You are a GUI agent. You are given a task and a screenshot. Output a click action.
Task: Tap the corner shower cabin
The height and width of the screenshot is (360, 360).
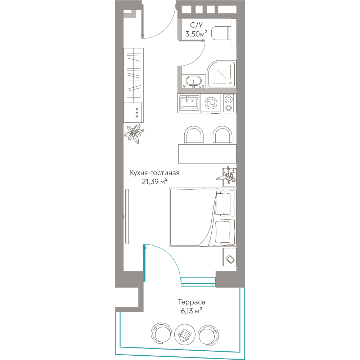point(221,75)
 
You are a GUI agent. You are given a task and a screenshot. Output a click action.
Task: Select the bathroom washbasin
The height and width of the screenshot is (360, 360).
point(194,81)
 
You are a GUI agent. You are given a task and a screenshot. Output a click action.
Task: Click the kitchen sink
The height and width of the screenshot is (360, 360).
point(189,103)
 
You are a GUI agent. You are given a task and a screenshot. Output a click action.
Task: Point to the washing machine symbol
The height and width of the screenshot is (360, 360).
point(211,103)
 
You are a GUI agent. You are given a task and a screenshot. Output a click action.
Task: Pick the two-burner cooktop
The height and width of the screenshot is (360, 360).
point(229,103)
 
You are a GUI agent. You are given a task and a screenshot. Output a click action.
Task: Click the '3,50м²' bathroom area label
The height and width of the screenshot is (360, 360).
point(196,34)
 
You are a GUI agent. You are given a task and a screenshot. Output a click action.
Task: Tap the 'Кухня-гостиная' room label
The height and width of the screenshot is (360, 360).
point(154,173)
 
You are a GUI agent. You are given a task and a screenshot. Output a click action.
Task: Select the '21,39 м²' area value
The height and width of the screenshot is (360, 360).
point(154,181)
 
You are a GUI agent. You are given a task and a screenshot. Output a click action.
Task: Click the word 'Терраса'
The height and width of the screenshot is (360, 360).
point(192,302)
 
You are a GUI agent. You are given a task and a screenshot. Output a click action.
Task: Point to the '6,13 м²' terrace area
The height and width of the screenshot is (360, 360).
point(192,311)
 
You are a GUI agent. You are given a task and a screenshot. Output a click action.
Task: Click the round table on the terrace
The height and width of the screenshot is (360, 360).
point(185,334)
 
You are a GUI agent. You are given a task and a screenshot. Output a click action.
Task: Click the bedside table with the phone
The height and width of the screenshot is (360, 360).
point(229,257)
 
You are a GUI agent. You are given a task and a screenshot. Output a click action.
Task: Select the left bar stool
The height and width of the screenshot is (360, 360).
point(194,135)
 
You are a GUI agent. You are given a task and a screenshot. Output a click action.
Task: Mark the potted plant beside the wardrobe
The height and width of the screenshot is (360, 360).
point(134,134)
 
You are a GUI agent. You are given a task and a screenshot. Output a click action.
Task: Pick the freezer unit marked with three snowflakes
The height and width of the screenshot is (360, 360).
point(134,113)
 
